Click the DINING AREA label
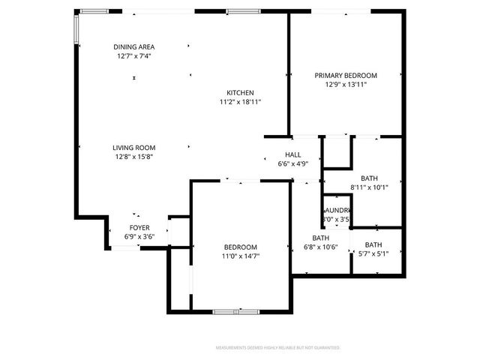[134, 46]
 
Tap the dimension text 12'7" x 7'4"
[134, 55]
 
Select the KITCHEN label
[241, 93]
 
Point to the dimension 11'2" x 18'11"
[241, 102]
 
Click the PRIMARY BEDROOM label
[346, 76]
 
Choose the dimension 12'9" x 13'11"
[346, 85]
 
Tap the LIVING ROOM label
[134, 148]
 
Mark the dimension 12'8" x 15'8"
[134, 157]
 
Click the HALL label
[293, 154]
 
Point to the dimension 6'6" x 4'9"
[293, 163]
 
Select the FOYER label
[139, 227]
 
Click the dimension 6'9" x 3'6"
[139, 236]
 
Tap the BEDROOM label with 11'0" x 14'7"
[241, 247]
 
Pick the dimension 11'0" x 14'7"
[241, 256]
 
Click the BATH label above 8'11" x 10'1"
[369, 178]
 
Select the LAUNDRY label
[337, 211]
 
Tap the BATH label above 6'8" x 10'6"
[321, 238]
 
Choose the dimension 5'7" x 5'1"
[373, 253]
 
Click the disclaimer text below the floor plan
[277, 348]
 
